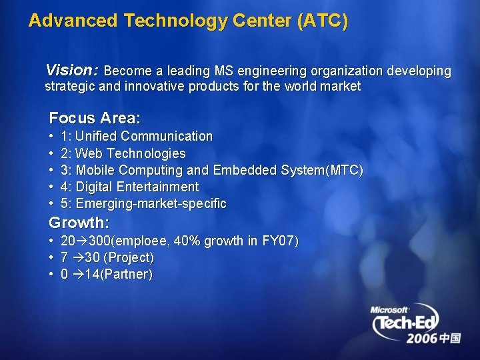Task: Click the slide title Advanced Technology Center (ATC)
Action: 188,21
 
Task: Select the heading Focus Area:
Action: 95,119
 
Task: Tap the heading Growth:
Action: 79,223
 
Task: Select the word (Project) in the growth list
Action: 129,257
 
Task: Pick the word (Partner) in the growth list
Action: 127,274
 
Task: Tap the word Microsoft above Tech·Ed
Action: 390,309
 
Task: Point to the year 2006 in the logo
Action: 421,339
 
